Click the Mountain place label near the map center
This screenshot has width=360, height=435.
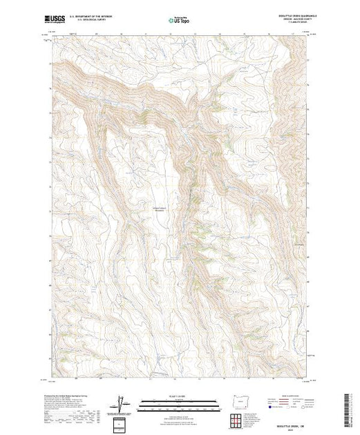[159, 212]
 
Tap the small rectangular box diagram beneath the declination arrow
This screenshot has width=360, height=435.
[122, 422]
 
